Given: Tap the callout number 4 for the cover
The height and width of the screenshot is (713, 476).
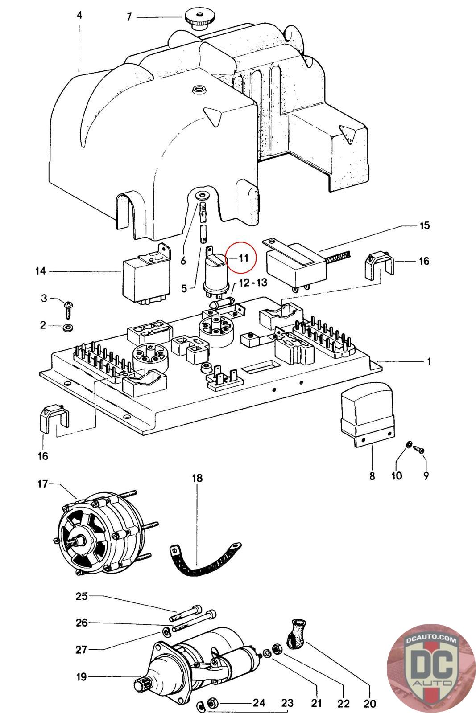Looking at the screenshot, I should pyautogui.click(x=79, y=15).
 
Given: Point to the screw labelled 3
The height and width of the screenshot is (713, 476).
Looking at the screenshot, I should pyautogui.click(x=69, y=307).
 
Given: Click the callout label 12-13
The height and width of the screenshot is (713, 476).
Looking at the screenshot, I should pyautogui.click(x=253, y=283).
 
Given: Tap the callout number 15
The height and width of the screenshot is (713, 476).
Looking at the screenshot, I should pyautogui.click(x=425, y=225).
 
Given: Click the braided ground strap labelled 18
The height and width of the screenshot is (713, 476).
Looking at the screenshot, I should pyautogui.click(x=203, y=561).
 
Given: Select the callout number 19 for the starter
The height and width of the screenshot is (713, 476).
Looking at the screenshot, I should pyautogui.click(x=81, y=677).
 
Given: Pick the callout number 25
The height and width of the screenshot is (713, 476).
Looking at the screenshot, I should pyautogui.click(x=82, y=596).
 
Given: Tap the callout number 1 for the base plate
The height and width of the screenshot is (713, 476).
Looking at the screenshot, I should pyautogui.click(x=429, y=361).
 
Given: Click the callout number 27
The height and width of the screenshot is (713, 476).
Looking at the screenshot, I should pyautogui.click(x=81, y=649).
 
